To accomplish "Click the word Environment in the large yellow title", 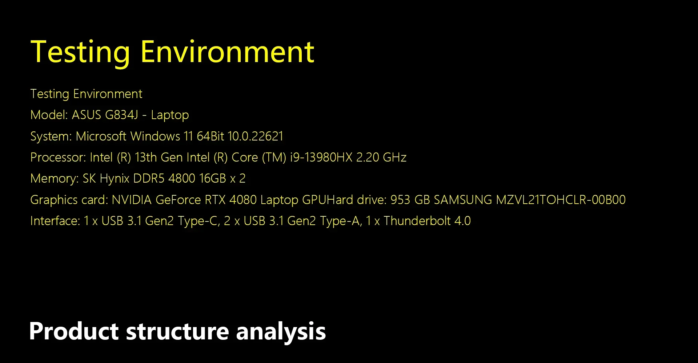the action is coord(227,52).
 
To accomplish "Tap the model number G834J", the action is coord(121,115).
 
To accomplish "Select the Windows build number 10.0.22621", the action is coord(255,136).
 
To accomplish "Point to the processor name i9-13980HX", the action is coord(321,157).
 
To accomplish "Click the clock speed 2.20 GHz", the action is coord(381,157).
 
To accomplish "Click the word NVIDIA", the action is coord(132,200).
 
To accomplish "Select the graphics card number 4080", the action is coord(243,200).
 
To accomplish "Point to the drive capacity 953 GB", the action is coord(410,200).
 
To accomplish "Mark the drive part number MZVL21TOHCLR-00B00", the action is coord(561,200).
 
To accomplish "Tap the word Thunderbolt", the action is coord(417,221).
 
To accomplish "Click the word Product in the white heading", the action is coord(74,331).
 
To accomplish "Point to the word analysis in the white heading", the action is coord(281,332).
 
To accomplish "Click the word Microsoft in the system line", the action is coord(101,136).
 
